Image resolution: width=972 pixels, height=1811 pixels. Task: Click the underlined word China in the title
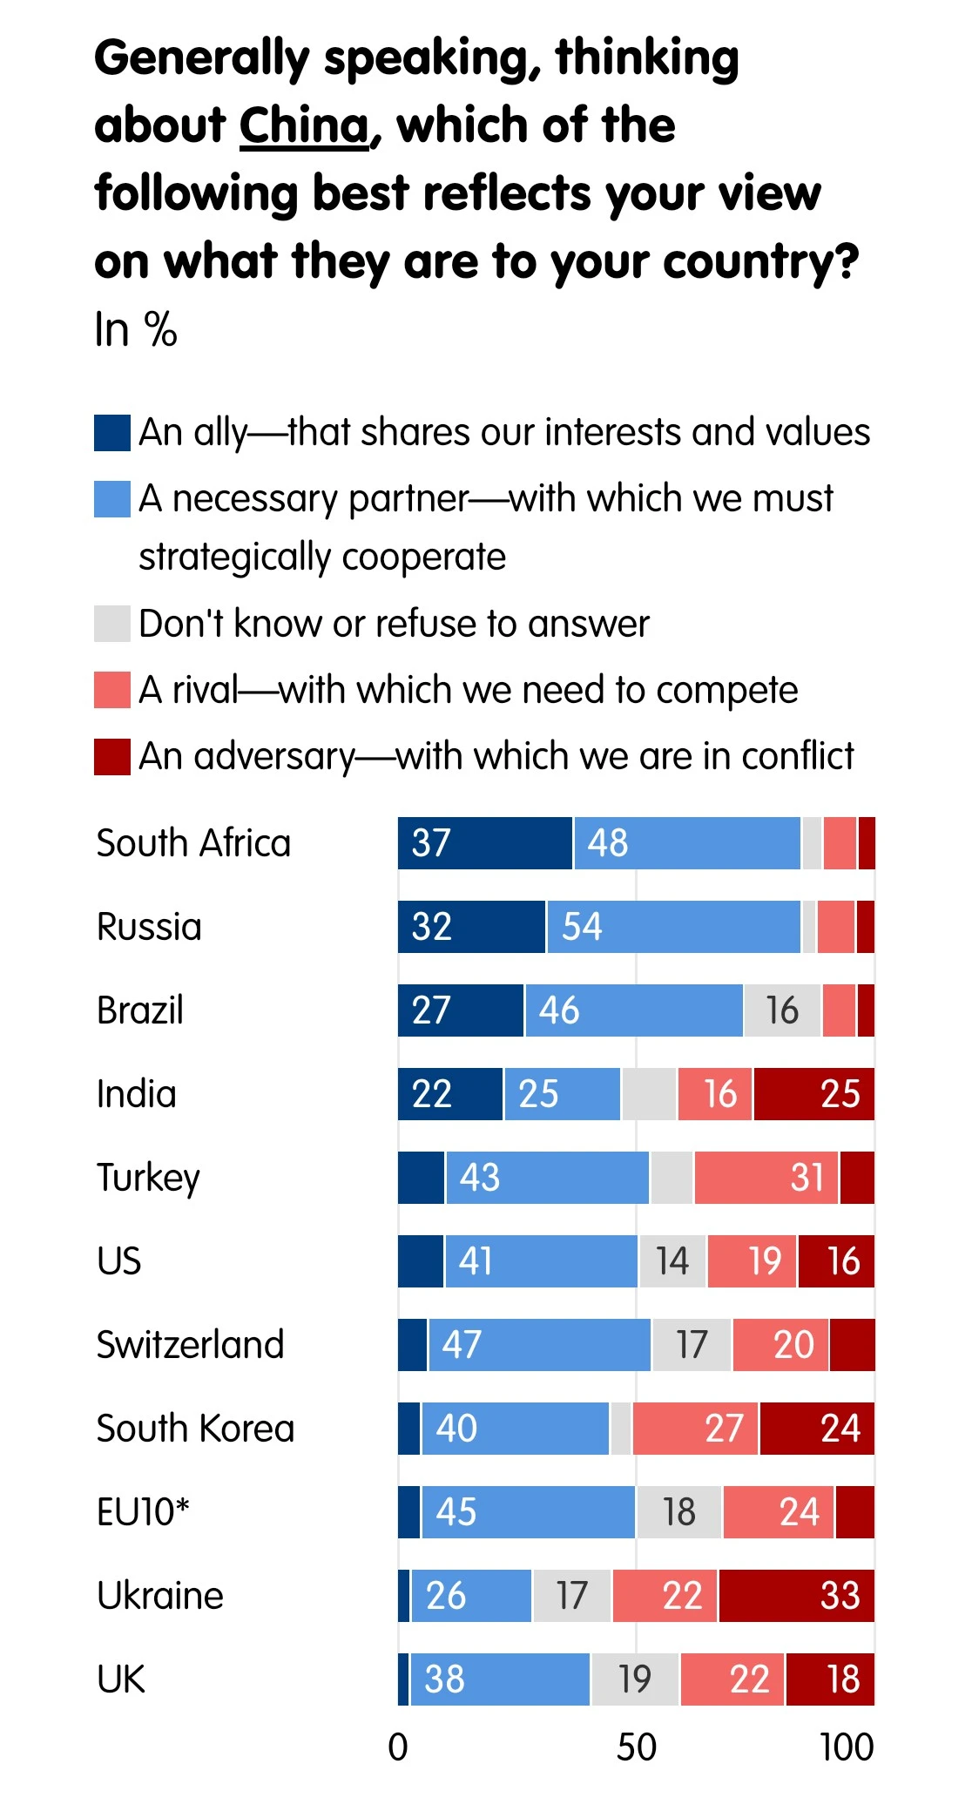click(304, 125)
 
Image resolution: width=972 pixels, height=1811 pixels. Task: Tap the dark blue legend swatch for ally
click(112, 433)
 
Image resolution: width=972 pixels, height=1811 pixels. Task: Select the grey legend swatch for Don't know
click(112, 624)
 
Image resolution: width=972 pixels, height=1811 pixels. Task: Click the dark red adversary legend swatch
click(112, 756)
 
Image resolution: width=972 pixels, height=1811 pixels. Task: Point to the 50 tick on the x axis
click(637, 1747)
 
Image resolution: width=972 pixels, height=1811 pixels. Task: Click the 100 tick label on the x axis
click(847, 1747)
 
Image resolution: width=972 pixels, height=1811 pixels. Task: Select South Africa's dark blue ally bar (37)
click(485, 843)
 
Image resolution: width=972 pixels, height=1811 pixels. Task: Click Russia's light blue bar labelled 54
click(673, 927)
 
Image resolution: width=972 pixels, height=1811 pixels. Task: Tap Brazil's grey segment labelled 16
click(782, 1010)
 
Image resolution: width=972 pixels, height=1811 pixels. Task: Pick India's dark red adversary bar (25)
click(814, 1094)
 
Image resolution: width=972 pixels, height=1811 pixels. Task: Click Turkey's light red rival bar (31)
click(766, 1178)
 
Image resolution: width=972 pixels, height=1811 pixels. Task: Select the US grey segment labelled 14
click(672, 1261)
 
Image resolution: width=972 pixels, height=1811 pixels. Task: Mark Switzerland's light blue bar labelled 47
click(539, 1345)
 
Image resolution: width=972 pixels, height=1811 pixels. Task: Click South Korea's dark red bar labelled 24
click(817, 1429)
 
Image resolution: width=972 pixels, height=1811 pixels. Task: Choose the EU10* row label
click(143, 1512)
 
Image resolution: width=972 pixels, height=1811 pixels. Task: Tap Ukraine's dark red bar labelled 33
click(796, 1596)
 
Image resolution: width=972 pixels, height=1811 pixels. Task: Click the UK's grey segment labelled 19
click(635, 1679)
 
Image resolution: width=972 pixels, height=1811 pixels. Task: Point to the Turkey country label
click(148, 1178)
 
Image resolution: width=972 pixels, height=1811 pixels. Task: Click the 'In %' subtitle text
click(136, 330)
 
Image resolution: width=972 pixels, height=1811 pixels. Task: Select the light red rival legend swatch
click(112, 690)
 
